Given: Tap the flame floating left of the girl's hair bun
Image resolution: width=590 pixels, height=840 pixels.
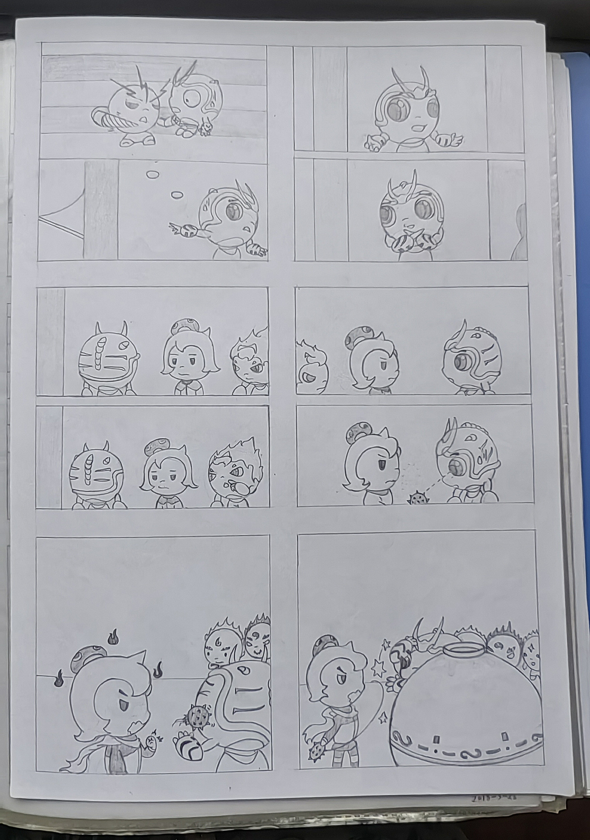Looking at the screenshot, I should click(59, 681).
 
